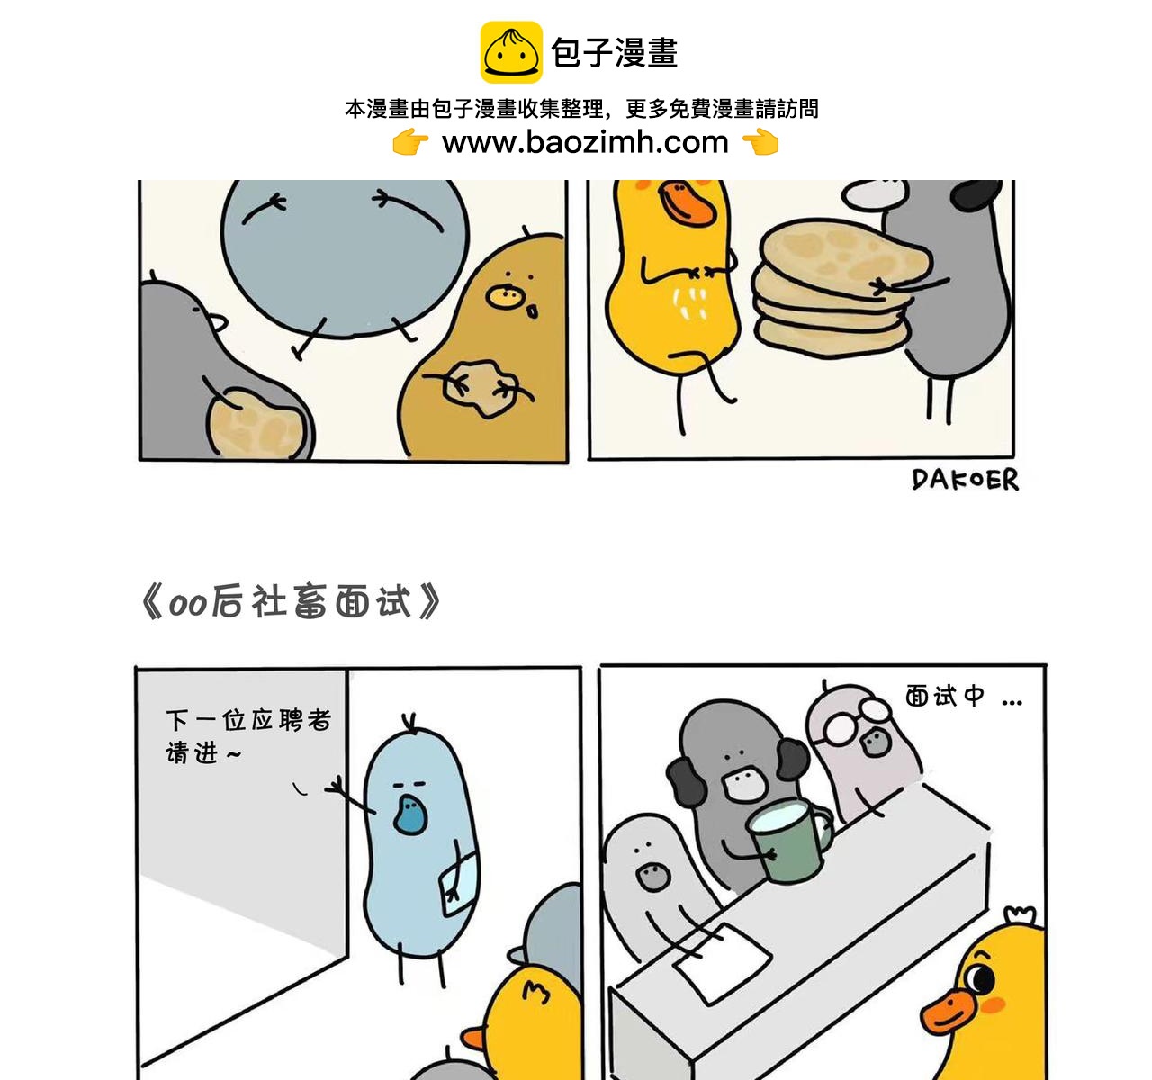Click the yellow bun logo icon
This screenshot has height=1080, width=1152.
(511, 52)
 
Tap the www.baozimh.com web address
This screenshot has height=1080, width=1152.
(585, 143)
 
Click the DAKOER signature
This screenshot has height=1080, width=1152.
(965, 480)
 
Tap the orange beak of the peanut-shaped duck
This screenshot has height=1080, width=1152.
(688, 203)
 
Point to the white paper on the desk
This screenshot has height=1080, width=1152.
(723, 961)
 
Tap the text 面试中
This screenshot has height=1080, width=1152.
(945, 696)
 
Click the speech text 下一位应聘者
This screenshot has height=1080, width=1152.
(248, 721)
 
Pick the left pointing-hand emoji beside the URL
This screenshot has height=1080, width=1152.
(410, 143)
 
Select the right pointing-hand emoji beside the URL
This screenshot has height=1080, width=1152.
(760, 143)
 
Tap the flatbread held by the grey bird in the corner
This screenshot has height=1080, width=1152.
(256, 423)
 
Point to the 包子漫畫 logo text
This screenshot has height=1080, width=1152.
(615, 53)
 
